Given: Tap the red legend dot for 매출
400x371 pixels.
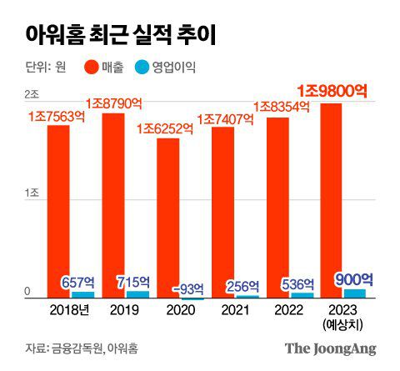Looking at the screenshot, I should point(93,66).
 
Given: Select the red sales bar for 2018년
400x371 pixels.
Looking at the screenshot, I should point(58,208).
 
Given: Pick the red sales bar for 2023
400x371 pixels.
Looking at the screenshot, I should point(332,200).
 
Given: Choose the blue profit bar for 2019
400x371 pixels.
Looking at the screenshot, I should point(137,294).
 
